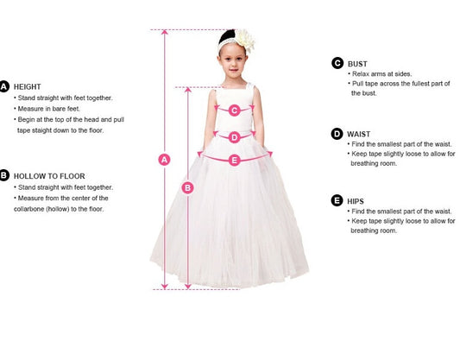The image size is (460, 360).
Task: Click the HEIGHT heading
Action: click(x=28, y=86)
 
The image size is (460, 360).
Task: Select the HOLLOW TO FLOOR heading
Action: click(x=48, y=175)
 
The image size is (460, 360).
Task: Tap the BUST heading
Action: click(x=357, y=63)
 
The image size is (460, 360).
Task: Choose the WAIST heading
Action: click(x=359, y=133)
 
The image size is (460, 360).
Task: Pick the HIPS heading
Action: click(x=356, y=200)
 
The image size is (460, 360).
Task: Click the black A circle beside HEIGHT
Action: click(x=4, y=86)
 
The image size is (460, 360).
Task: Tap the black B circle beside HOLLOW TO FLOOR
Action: click(x=4, y=175)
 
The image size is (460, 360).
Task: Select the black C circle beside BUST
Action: click(x=337, y=63)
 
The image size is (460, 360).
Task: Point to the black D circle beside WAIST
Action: click(x=337, y=133)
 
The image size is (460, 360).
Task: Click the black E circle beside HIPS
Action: click(x=337, y=200)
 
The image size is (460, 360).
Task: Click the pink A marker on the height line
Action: click(x=165, y=159)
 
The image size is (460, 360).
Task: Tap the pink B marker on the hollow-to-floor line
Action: click(x=188, y=186)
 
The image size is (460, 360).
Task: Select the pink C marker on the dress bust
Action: click(x=234, y=110)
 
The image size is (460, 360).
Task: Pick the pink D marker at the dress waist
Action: click(x=234, y=136)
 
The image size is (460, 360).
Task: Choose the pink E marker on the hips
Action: click(x=234, y=159)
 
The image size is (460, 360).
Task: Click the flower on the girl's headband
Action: click(x=245, y=40)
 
